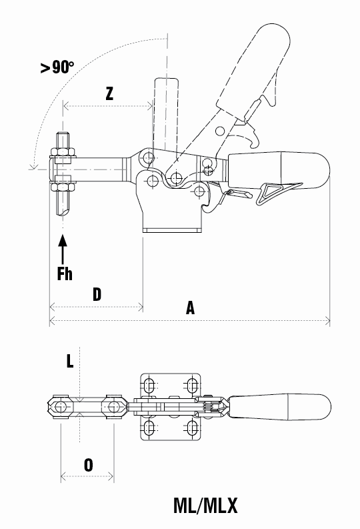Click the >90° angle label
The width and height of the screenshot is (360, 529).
click(x=57, y=67)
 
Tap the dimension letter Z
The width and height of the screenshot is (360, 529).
click(x=109, y=93)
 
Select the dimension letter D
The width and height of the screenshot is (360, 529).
click(x=97, y=294)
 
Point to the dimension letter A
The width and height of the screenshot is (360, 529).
click(x=191, y=308)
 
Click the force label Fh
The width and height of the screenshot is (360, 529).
click(x=65, y=274)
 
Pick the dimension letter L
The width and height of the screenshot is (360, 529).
click(x=70, y=361)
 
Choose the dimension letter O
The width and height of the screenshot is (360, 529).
click(x=88, y=465)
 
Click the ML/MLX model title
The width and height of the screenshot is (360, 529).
click(x=205, y=506)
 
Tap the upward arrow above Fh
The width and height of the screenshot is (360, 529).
click(x=63, y=249)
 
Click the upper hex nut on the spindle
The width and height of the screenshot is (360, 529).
click(x=63, y=151)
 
